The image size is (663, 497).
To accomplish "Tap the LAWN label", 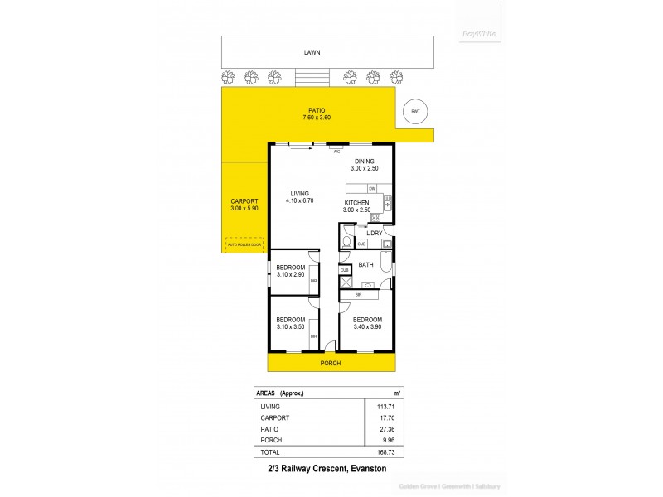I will click(312, 52).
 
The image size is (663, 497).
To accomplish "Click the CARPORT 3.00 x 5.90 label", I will click(244, 205).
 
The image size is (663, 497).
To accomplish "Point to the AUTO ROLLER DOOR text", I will click(245, 244).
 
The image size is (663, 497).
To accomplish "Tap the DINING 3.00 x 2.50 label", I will click(365, 165).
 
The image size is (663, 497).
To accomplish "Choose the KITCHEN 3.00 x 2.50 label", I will click(357, 206).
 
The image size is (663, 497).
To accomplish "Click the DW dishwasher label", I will click(372, 189).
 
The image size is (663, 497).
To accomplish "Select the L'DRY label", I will click(375, 234).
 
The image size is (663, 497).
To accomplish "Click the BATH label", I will click(365, 265).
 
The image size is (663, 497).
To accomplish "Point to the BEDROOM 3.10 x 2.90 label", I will click(290, 271).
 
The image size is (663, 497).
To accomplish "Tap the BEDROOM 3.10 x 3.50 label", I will click(290, 323).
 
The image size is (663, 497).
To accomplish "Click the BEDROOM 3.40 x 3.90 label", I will click(367, 323).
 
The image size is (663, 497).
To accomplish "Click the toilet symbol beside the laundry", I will click(346, 242).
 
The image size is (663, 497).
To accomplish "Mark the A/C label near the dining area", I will click(336, 152).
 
